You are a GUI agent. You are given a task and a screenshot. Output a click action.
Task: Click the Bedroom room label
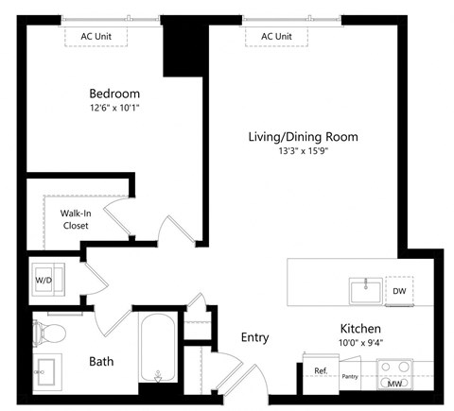tap(114, 94)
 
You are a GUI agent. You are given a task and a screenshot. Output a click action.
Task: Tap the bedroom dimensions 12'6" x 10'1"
tap(114, 109)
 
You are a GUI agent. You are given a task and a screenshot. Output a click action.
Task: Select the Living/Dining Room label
tap(303, 137)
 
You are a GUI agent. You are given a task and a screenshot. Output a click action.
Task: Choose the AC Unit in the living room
tap(275, 36)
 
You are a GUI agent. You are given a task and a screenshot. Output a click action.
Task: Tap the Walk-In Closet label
tap(76, 219)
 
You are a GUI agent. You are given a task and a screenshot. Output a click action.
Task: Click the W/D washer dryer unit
tap(44, 279)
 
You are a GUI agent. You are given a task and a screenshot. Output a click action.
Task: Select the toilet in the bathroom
tap(50, 333)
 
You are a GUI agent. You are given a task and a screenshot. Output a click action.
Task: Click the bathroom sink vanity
tap(47, 371)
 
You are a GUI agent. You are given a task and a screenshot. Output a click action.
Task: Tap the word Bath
tap(101, 362)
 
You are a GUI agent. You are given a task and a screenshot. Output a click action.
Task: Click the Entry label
tap(254, 337)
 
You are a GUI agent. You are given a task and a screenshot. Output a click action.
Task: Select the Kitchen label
tap(360, 329)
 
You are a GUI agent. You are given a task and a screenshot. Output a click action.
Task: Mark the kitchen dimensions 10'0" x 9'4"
tap(360, 344)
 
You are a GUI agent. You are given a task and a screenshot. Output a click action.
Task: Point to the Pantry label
tap(349, 376)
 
